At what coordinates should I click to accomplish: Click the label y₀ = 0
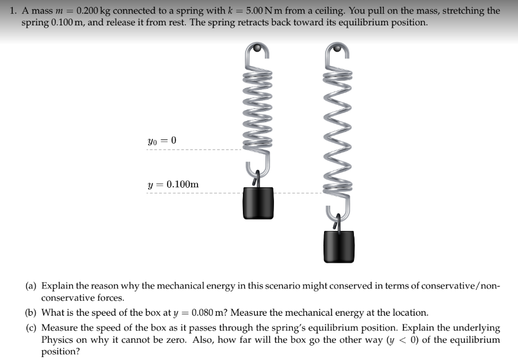point(162,141)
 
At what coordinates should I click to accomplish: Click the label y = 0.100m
point(173,184)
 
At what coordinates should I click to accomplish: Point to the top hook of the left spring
point(257,51)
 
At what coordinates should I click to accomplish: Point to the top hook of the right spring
point(339,51)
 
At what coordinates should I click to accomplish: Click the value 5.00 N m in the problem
point(269,11)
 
